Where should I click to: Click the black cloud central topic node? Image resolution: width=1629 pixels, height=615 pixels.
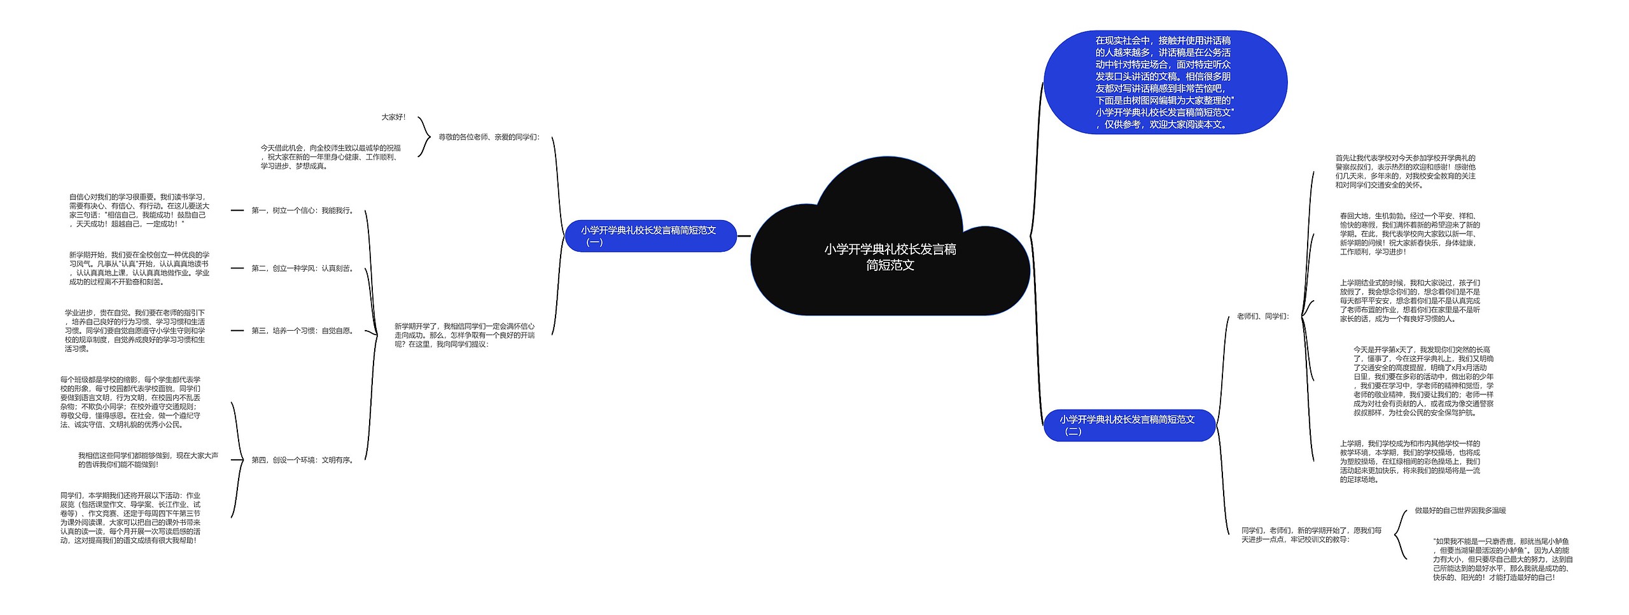(x=890, y=257)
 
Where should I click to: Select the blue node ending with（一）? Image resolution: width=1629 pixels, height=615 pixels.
(x=650, y=236)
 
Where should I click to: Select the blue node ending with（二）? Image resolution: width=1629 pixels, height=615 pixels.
(x=1129, y=425)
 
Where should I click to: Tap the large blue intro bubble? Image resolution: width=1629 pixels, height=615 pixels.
(x=1164, y=82)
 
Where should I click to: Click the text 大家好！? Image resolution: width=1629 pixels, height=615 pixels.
(x=393, y=117)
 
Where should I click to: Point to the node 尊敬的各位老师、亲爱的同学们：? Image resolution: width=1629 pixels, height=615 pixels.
(x=489, y=137)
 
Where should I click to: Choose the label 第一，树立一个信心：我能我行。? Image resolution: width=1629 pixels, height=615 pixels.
(x=303, y=211)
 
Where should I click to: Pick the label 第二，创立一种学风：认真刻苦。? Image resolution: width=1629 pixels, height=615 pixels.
(x=303, y=268)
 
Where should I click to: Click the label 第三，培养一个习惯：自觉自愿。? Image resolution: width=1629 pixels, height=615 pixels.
(x=303, y=331)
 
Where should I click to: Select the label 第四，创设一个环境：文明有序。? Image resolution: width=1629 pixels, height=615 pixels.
(x=303, y=460)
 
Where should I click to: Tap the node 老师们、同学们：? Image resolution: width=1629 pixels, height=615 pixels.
(x=1262, y=316)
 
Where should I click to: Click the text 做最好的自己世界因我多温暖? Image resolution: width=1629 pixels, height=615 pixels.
(x=1460, y=510)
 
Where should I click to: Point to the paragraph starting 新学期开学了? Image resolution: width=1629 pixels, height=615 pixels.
(x=465, y=335)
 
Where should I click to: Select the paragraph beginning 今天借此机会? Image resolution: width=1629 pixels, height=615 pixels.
(x=330, y=156)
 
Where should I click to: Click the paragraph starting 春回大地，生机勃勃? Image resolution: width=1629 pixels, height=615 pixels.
(x=1409, y=233)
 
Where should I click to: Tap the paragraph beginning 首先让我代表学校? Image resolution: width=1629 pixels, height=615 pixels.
(x=1405, y=171)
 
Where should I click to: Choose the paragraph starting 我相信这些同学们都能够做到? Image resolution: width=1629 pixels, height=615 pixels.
(x=148, y=460)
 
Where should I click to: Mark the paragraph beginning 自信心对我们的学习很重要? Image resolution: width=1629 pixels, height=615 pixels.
(x=139, y=210)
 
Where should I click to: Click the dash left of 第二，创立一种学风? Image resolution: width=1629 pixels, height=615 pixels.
(x=237, y=268)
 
